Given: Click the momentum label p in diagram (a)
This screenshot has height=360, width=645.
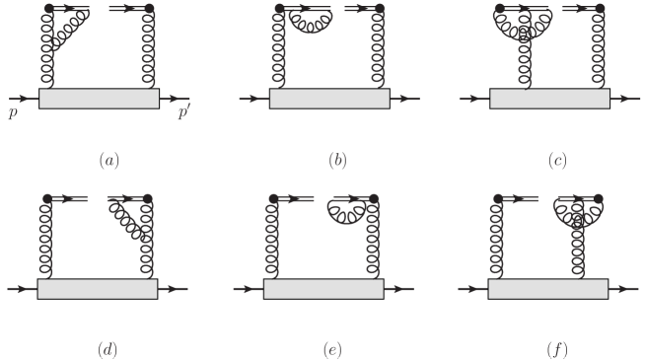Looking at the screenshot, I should click(x=12, y=114).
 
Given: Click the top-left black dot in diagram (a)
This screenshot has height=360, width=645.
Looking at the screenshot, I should click(x=45, y=9).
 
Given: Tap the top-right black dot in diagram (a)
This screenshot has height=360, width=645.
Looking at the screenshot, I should click(x=149, y=9).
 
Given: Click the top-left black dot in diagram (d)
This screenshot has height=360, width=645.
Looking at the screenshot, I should click(x=45, y=198).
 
